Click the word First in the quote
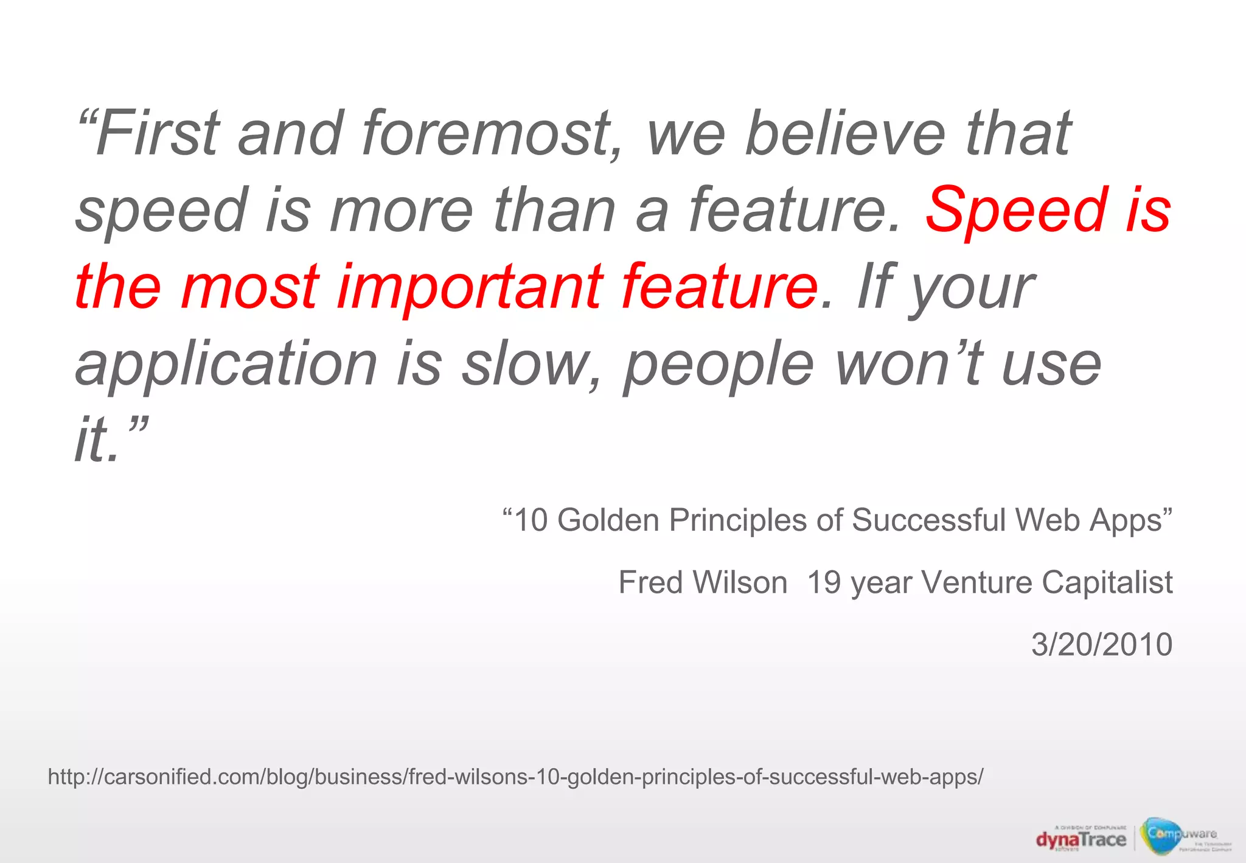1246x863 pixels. [157, 133]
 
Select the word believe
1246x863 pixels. [846, 133]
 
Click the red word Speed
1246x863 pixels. [1015, 210]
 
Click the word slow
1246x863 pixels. [523, 364]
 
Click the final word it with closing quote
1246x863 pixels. [110, 439]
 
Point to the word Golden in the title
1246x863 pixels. [608, 520]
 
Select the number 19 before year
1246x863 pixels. [824, 582]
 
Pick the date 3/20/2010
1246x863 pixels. [1102, 645]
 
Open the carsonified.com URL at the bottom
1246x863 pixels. [515, 777]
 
